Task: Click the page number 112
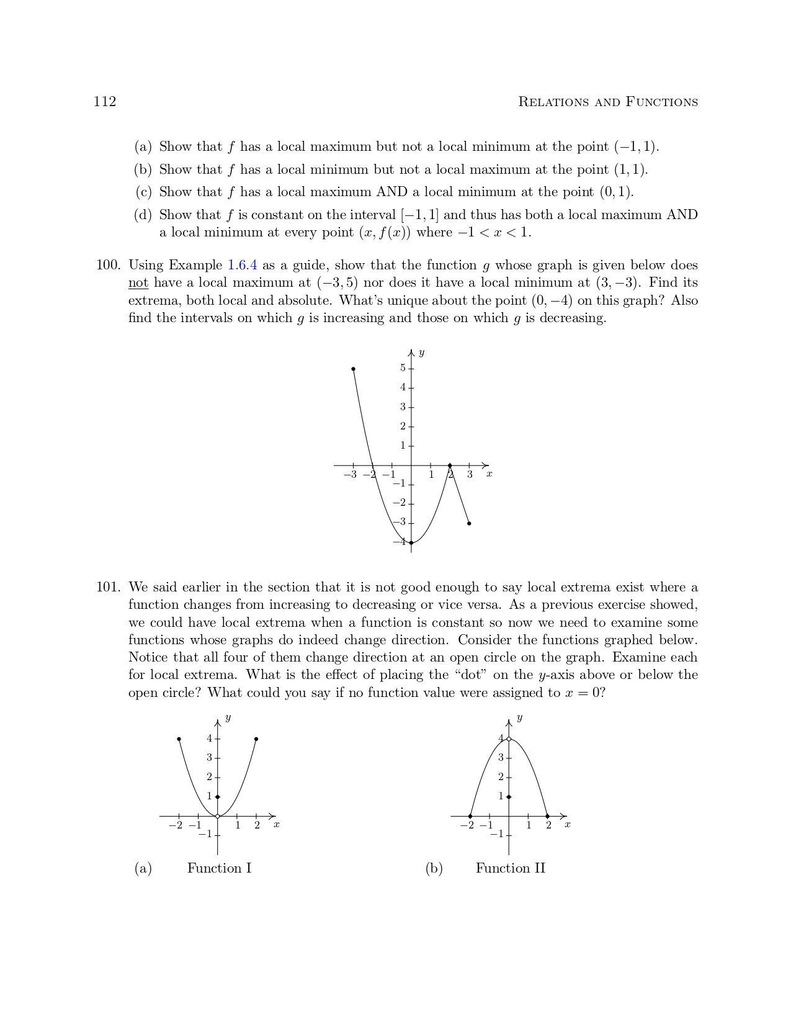(105, 102)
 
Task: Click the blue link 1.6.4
(242, 266)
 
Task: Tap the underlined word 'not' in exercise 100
(138, 283)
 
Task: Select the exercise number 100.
(108, 266)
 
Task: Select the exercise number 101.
(108, 587)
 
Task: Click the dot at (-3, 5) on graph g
(353, 369)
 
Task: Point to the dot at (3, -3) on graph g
(469, 523)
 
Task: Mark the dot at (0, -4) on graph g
(411, 542)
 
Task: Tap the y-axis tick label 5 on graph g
(403, 368)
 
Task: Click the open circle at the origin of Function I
(218, 816)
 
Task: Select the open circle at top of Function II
(509, 739)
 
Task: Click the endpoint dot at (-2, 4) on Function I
(179, 739)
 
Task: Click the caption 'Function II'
(510, 868)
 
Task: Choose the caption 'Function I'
(219, 868)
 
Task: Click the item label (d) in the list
(143, 215)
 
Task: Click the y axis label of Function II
(519, 718)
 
